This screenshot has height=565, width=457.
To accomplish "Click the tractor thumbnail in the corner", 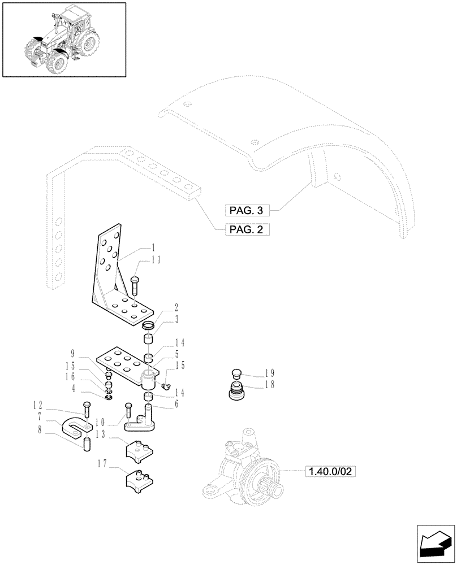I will pos(63,39).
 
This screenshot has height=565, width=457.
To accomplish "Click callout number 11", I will pos(156,260).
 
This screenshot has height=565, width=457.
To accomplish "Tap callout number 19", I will pos(269,373).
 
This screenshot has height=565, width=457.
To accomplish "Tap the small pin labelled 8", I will pos(87,444).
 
